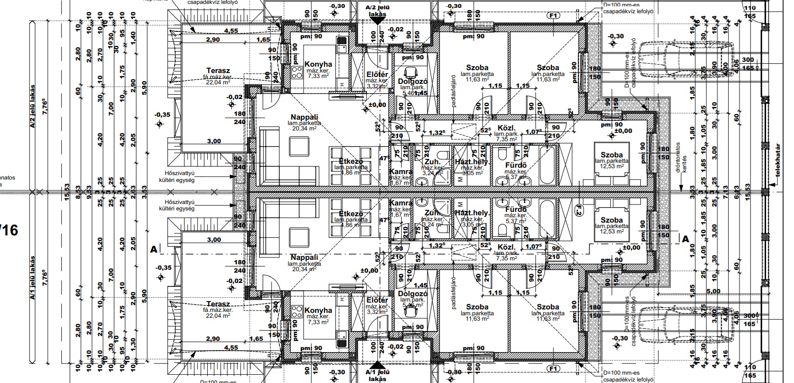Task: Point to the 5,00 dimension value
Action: tap(713, 291)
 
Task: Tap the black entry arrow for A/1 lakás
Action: tap(378, 365)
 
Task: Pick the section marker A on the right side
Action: tap(686, 239)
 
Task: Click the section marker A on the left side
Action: tap(154, 249)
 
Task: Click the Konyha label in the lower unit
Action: tap(318, 310)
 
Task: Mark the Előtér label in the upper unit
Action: tap(378, 75)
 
